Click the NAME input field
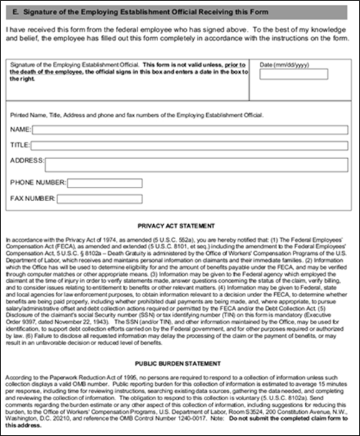193,130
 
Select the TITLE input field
193,144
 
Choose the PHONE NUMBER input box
104,183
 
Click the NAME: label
21,130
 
